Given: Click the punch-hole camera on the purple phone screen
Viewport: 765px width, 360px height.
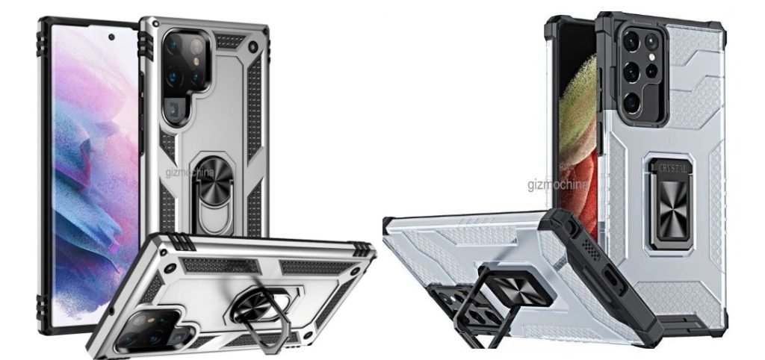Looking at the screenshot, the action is click(x=111, y=37).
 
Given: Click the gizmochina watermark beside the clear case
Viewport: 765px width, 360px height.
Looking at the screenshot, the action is click(x=557, y=185).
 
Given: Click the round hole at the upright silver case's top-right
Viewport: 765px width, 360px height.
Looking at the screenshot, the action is click(x=253, y=46).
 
